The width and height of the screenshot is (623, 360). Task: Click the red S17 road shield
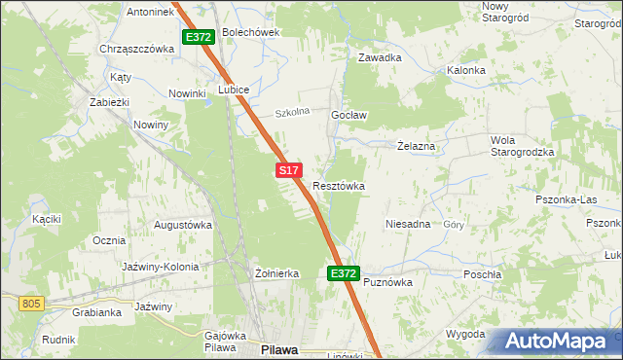point(287,170)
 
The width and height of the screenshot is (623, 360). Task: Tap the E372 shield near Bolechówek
point(198,37)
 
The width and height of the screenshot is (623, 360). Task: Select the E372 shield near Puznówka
point(343,274)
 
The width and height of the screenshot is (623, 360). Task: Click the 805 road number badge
point(31,304)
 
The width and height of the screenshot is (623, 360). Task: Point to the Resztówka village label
point(339,185)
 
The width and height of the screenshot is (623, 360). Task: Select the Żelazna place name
point(422,146)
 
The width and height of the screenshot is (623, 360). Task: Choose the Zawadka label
point(380,57)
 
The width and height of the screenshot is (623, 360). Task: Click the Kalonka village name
point(465,70)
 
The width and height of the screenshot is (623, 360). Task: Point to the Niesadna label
point(408,224)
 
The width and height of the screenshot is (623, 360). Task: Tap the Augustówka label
point(183,225)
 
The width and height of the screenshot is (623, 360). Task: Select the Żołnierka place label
point(275,274)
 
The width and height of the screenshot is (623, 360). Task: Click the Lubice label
point(235,90)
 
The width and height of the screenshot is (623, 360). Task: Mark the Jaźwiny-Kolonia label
point(161,267)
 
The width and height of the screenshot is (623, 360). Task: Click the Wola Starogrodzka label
point(522,146)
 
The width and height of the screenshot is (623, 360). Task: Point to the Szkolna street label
point(291,112)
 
